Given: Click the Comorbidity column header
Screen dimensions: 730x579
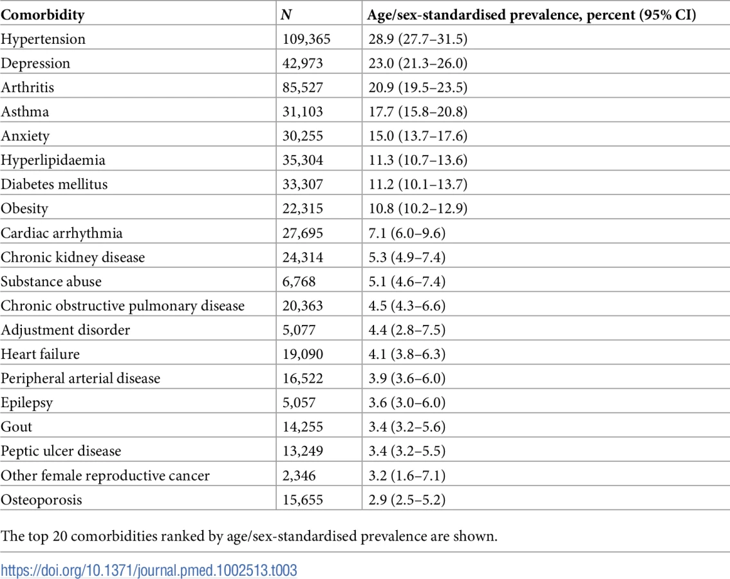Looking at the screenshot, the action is click(x=42, y=15).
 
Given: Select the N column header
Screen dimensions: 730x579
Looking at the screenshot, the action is click(x=286, y=15).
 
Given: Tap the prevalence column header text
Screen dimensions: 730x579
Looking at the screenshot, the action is click(x=531, y=15).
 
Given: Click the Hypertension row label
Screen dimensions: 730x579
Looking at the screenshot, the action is click(x=43, y=39).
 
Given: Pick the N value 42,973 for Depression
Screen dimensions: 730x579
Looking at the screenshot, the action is click(x=302, y=63).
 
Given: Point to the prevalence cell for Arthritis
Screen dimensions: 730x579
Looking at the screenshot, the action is click(x=418, y=87).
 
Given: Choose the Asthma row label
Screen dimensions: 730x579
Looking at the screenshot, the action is click(x=24, y=112).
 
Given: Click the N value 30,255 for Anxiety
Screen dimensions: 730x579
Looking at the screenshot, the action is click(x=302, y=136).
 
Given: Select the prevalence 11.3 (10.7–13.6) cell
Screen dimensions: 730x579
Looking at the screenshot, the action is click(x=418, y=160).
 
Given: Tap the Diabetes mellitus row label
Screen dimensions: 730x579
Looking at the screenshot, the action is click(x=54, y=184).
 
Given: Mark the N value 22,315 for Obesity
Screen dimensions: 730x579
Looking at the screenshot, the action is click(x=302, y=208).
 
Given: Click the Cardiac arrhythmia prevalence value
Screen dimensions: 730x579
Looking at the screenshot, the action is click(x=407, y=233).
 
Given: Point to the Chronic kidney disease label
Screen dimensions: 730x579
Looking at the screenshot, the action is click(x=73, y=257).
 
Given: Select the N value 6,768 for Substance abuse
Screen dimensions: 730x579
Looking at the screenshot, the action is click(x=299, y=282).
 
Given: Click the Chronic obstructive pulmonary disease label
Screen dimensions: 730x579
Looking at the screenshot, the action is click(x=122, y=306).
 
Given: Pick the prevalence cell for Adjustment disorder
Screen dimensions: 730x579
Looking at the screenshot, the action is click(x=407, y=330).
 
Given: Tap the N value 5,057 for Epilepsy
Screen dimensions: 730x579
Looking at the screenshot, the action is click(x=299, y=403).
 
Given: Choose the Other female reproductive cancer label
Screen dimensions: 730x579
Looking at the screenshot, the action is click(x=105, y=475).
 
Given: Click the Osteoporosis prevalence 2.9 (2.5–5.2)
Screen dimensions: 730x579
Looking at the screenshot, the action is click(x=407, y=500).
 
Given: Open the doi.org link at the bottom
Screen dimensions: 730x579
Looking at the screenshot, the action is click(x=149, y=570).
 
